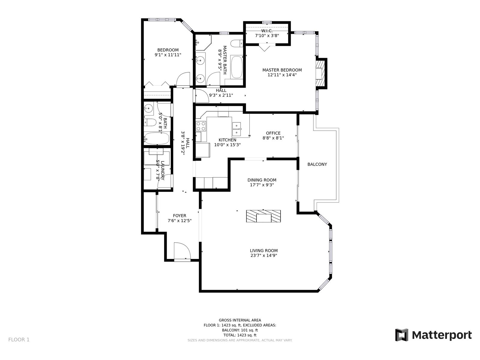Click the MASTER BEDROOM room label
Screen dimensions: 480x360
282,70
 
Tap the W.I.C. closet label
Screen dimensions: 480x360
267,31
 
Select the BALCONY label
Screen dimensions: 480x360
317,164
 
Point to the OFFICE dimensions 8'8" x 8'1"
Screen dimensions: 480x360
273,138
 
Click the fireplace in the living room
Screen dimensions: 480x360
263,216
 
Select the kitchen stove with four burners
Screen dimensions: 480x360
201,126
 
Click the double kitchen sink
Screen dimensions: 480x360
236,129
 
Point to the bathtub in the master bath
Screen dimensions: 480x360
237,67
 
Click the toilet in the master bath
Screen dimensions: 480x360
237,43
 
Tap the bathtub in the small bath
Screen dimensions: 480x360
157,138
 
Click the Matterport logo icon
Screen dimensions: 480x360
401,334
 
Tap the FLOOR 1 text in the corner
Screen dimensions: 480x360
19,340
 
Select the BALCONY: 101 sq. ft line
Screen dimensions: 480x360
240,330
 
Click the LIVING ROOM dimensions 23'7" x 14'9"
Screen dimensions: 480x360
264,255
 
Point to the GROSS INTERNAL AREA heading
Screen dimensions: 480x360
240,320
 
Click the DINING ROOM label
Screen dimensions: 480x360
262,180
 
